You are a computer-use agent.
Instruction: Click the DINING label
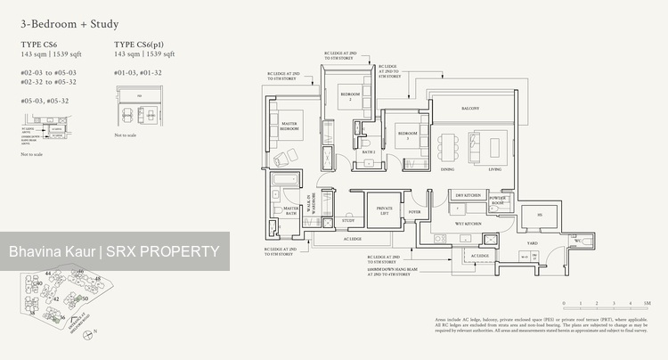[x=448, y=168]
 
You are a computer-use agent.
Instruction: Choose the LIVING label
[x=494, y=168]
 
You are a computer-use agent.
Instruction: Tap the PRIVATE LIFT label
[x=384, y=210]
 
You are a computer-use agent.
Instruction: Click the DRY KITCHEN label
[x=468, y=194]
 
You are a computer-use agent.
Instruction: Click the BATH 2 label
[x=368, y=152]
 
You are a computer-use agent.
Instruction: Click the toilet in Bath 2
[x=366, y=139]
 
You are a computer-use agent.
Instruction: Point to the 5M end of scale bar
[x=646, y=303]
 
